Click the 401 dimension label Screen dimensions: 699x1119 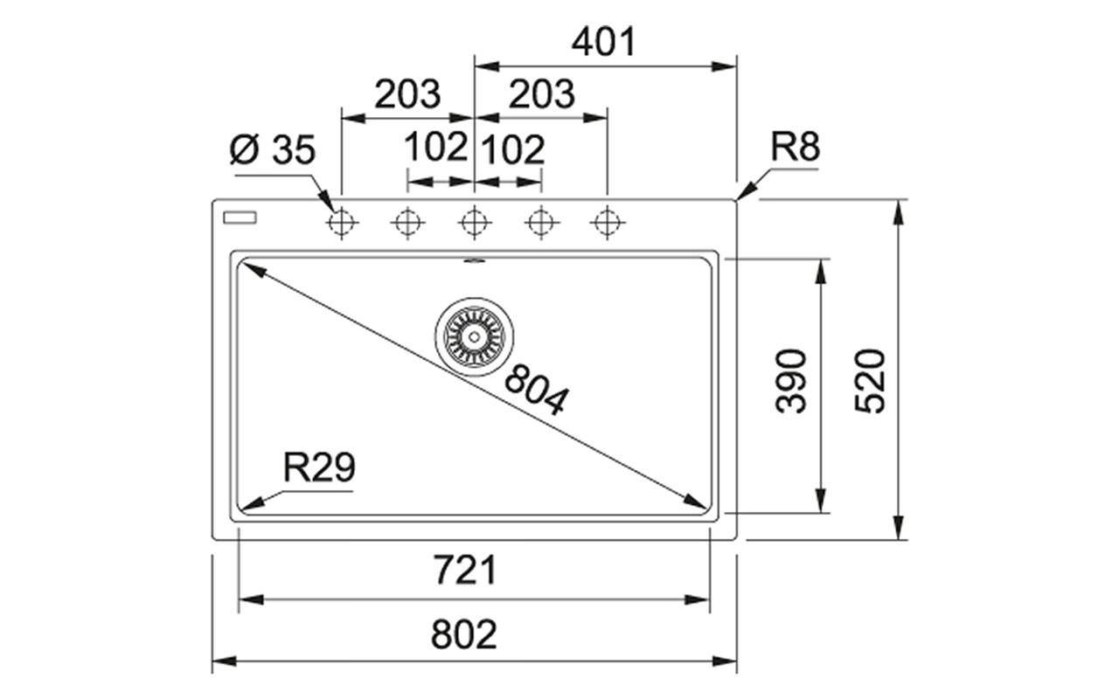604,42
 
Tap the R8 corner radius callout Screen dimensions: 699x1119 795,148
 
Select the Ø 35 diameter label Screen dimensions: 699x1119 271,151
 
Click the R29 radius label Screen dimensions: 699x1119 319,468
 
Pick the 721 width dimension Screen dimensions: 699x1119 464,571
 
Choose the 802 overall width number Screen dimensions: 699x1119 464,634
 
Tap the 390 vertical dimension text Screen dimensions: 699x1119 792,380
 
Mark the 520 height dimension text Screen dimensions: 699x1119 871,380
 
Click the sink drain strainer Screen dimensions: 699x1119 474,336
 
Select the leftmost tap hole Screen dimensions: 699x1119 341,224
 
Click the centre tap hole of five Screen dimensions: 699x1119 474,224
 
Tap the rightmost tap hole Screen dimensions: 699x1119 607,224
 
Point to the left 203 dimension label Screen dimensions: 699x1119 407,94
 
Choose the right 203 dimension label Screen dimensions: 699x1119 541,94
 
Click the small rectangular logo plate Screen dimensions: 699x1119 239,217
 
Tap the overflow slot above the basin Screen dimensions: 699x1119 474,260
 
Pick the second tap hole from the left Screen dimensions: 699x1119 407,224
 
